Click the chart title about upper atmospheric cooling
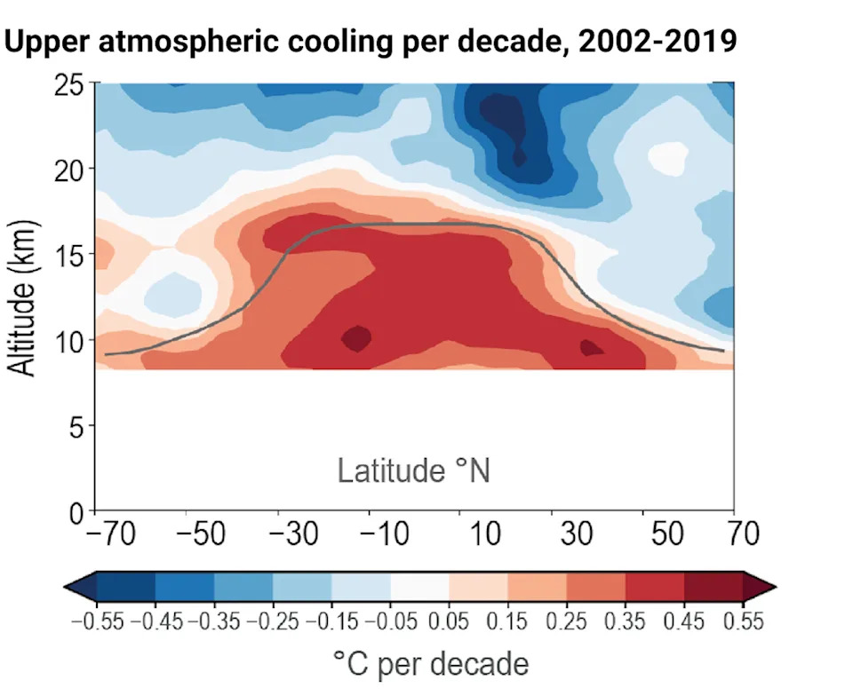coord(370,41)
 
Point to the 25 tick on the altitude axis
coord(68,86)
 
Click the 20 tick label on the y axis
coord(68,170)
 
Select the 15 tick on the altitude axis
coord(68,256)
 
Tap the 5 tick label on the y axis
coord(76,428)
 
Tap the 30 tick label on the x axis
coord(576,535)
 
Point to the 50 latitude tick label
coord(667,535)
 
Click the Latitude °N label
coord(413,471)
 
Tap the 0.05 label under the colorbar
coord(450,621)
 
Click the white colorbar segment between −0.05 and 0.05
coord(419,587)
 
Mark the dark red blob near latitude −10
coord(357,337)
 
